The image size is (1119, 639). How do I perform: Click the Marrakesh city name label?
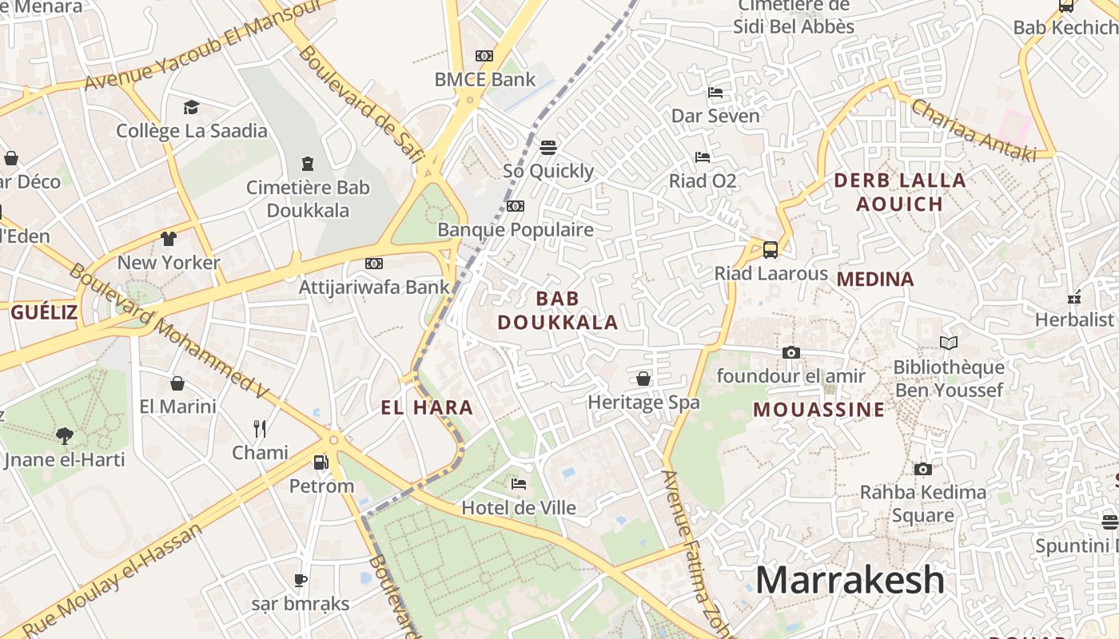[x=850, y=580]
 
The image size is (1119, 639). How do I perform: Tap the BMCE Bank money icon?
[x=484, y=56]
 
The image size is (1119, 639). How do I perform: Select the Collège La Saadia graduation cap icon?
[x=191, y=107]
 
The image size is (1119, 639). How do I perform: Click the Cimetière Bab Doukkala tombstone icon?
[x=308, y=164]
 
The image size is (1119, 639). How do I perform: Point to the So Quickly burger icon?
[x=548, y=147]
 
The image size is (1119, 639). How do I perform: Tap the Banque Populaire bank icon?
[x=516, y=206]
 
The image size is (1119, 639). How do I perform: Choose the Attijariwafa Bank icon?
[x=373, y=264]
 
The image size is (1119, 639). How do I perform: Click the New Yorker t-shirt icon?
[x=169, y=238]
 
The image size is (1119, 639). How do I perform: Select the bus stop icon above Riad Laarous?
[x=771, y=249]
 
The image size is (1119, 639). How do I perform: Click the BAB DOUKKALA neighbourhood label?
[x=558, y=310]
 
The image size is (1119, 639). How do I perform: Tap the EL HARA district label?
[x=427, y=408]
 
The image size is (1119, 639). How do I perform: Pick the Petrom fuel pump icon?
[x=321, y=462]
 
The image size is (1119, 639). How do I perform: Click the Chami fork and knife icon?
[x=260, y=429]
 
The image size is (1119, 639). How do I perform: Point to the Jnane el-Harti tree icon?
[x=65, y=435]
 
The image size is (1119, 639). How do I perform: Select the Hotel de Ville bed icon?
[x=519, y=483]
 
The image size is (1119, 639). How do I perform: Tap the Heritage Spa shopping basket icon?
[x=643, y=379]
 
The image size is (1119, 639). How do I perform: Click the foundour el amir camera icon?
[x=791, y=352]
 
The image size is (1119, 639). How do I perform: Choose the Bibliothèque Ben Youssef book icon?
[x=949, y=343]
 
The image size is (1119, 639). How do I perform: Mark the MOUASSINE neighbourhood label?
[x=819, y=410]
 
